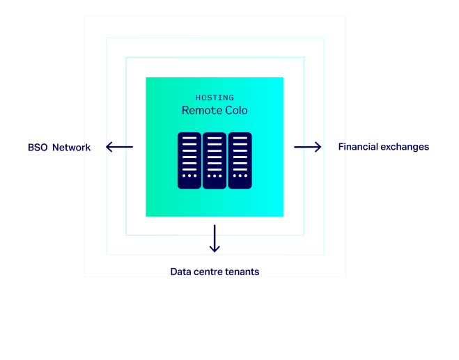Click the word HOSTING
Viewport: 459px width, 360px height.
(x=215, y=97)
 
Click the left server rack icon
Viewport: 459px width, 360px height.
(x=189, y=160)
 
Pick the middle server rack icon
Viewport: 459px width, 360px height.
(x=215, y=160)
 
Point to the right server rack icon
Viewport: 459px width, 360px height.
(x=240, y=160)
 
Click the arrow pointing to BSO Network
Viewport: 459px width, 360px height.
(x=119, y=147)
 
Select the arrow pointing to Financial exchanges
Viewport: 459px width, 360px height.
(x=308, y=147)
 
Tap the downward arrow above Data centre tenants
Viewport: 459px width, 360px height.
(x=215, y=239)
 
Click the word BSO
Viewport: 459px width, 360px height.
(x=38, y=148)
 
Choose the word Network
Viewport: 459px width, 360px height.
(x=72, y=148)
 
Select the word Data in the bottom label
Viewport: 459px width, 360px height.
(x=180, y=272)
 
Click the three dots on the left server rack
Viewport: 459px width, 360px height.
(x=189, y=176)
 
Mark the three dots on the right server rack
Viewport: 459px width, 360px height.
(x=240, y=176)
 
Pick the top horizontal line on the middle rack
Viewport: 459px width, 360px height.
(x=215, y=138)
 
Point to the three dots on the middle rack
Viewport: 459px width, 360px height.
(x=215, y=176)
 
